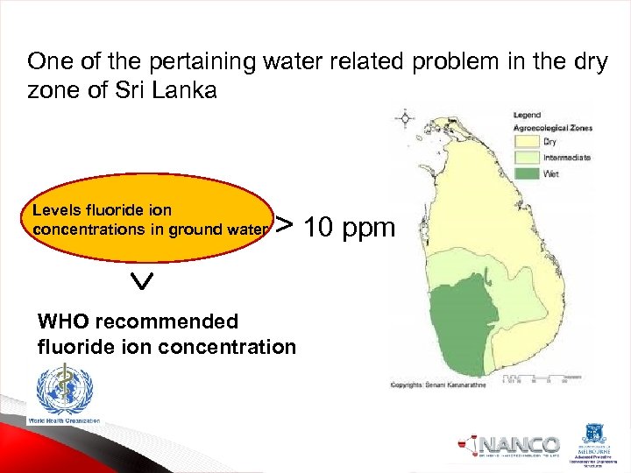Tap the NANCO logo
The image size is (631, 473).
tap(509, 445)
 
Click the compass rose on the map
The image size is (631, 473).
tap(405, 117)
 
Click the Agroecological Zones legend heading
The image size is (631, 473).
tap(553, 128)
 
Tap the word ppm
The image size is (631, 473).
tap(369, 229)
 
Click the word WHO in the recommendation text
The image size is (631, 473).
tap(64, 321)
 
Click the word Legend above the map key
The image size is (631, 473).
tap(527, 115)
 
